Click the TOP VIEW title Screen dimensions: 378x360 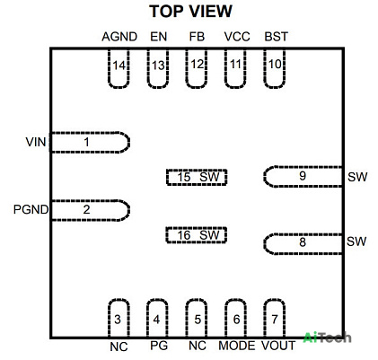[190, 12]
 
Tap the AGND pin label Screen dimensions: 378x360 [119, 37]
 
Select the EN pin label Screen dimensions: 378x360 [158, 37]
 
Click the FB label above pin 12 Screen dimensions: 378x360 [197, 37]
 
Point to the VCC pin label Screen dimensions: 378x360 [237, 37]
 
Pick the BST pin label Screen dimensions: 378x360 [276, 37]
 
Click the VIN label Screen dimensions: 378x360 [36, 142]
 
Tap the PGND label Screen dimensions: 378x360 [31, 209]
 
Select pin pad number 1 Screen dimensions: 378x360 [90, 142]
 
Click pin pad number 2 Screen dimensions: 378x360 [90, 210]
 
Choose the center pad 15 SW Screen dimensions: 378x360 [197, 177]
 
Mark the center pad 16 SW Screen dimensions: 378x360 [197, 235]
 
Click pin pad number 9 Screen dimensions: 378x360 [303, 177]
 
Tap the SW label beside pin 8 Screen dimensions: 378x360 [356, 241]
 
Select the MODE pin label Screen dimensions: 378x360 [237, 346]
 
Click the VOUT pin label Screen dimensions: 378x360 [278, 346]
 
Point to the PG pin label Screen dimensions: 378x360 [159, 346]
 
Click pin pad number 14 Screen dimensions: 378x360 [119, 68]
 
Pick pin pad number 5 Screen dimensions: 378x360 [197, 318]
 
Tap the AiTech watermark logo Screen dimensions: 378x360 [327, 338]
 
